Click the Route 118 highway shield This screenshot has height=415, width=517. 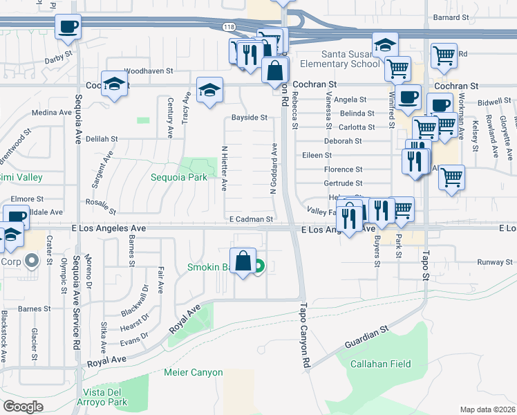(x=229, y=26)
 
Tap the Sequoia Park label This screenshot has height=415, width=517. (x=179, y=177)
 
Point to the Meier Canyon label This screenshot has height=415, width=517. (x=194, y=372)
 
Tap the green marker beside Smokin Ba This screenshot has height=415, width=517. (x=259, y=266)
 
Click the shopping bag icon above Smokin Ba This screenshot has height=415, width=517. (x=243, y=261)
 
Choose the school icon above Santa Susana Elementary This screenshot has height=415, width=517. (x=385, y=46)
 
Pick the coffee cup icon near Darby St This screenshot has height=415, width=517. (x=68, y=27)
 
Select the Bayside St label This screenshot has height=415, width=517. (x=249, y=118)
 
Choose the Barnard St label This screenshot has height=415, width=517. (x=451, y=17)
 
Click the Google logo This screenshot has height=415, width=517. (x=23, y=407)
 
